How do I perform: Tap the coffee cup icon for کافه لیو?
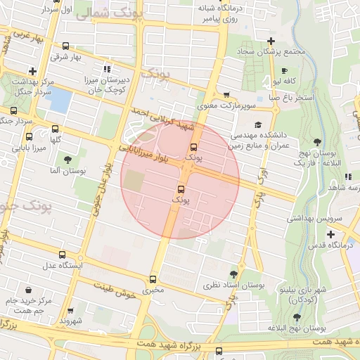(284, 71)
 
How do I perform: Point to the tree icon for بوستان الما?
(67, 160)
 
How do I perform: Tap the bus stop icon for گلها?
(55, 129)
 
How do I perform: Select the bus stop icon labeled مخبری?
(153, 278)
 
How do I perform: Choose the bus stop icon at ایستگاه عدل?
(63, 255)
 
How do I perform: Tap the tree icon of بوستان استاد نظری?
(233, 274)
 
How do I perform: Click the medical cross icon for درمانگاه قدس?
(330, 233)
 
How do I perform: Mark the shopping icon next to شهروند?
(70, 310)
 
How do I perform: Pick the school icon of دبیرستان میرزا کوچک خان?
(107, 69)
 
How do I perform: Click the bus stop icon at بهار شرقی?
(65, 45)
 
